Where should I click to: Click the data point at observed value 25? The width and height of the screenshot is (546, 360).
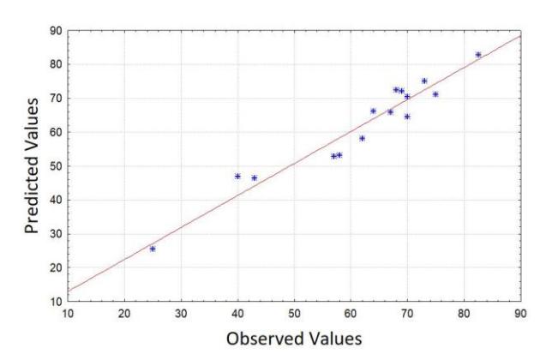(x=153, y=249)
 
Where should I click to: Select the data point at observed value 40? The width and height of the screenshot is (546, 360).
(x=237, y=177)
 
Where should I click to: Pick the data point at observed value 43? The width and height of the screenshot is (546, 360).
(x=255, y=178)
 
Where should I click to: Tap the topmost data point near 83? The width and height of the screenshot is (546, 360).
(x=478, y=55)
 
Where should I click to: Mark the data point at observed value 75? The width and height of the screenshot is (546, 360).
(x=435, y=94)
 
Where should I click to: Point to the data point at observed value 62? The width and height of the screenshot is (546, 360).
(x=362, y=138)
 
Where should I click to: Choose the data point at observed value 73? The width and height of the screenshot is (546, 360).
(x=424, y=81)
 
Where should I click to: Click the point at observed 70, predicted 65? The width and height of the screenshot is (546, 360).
(x=407, y=117)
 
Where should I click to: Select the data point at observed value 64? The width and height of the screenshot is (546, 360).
(x=374, y=111)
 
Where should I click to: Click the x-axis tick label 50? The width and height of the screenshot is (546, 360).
(x=294, y=314)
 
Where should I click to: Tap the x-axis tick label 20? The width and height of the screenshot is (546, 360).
(x=124, y=314)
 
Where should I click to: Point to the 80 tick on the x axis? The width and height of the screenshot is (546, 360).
(x=464, y=314)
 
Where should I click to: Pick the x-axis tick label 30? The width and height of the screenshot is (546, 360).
(x=181, y=314)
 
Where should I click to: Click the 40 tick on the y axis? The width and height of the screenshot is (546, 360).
(x=56, y=201)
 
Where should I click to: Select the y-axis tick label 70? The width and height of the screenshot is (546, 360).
(x=56, y=99)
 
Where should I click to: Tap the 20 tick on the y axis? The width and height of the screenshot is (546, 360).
(x=56, y=267)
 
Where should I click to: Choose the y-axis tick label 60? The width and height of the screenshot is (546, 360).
(x=56, y=132)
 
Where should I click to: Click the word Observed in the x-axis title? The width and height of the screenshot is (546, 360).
(x=263, y=339)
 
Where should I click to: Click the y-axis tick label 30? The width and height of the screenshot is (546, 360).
(x=56, y=234)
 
